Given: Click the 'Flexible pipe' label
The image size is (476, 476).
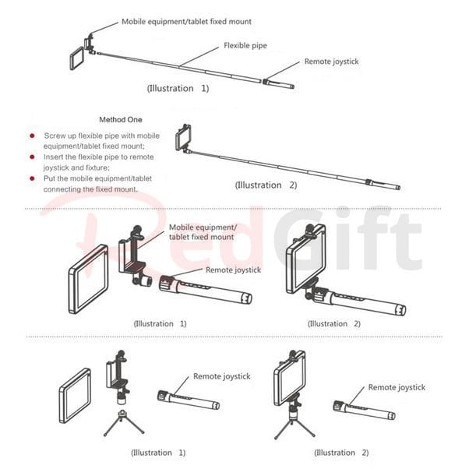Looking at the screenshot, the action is pos(245,45).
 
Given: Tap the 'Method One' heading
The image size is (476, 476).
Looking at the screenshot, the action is pos(121,120).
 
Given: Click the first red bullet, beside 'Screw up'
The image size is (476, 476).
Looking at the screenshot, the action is pos(32,136).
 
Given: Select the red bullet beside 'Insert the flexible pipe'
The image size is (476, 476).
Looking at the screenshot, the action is pos(32,157).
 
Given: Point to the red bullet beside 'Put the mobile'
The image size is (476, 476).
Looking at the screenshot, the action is pos(32,178).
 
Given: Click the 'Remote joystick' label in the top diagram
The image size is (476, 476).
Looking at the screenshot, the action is pos(332,62).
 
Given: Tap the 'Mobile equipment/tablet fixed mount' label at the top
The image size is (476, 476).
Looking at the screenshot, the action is pos(186,22).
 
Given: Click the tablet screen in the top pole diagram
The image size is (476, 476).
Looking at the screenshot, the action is pos(77,58).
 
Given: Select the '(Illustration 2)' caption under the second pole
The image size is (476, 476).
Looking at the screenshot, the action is pos(266,185).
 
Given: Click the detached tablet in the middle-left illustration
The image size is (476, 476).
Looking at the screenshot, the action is pos(88,279).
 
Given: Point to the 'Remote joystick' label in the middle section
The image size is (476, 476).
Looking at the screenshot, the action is pos(233,270).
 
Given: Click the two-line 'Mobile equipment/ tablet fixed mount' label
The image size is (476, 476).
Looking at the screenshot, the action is pos(203,232).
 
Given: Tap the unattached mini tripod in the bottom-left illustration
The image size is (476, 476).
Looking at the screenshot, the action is pos(124,424).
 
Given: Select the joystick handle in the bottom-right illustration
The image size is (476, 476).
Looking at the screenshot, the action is pos(365,410).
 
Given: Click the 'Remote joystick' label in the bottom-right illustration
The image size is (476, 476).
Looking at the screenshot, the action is pos(397,387).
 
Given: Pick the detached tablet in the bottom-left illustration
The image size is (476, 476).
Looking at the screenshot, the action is pos(75,396).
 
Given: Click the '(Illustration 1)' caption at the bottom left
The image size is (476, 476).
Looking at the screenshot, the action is pos(158,453).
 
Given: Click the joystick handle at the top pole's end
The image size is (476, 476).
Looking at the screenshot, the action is pos(278,84).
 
